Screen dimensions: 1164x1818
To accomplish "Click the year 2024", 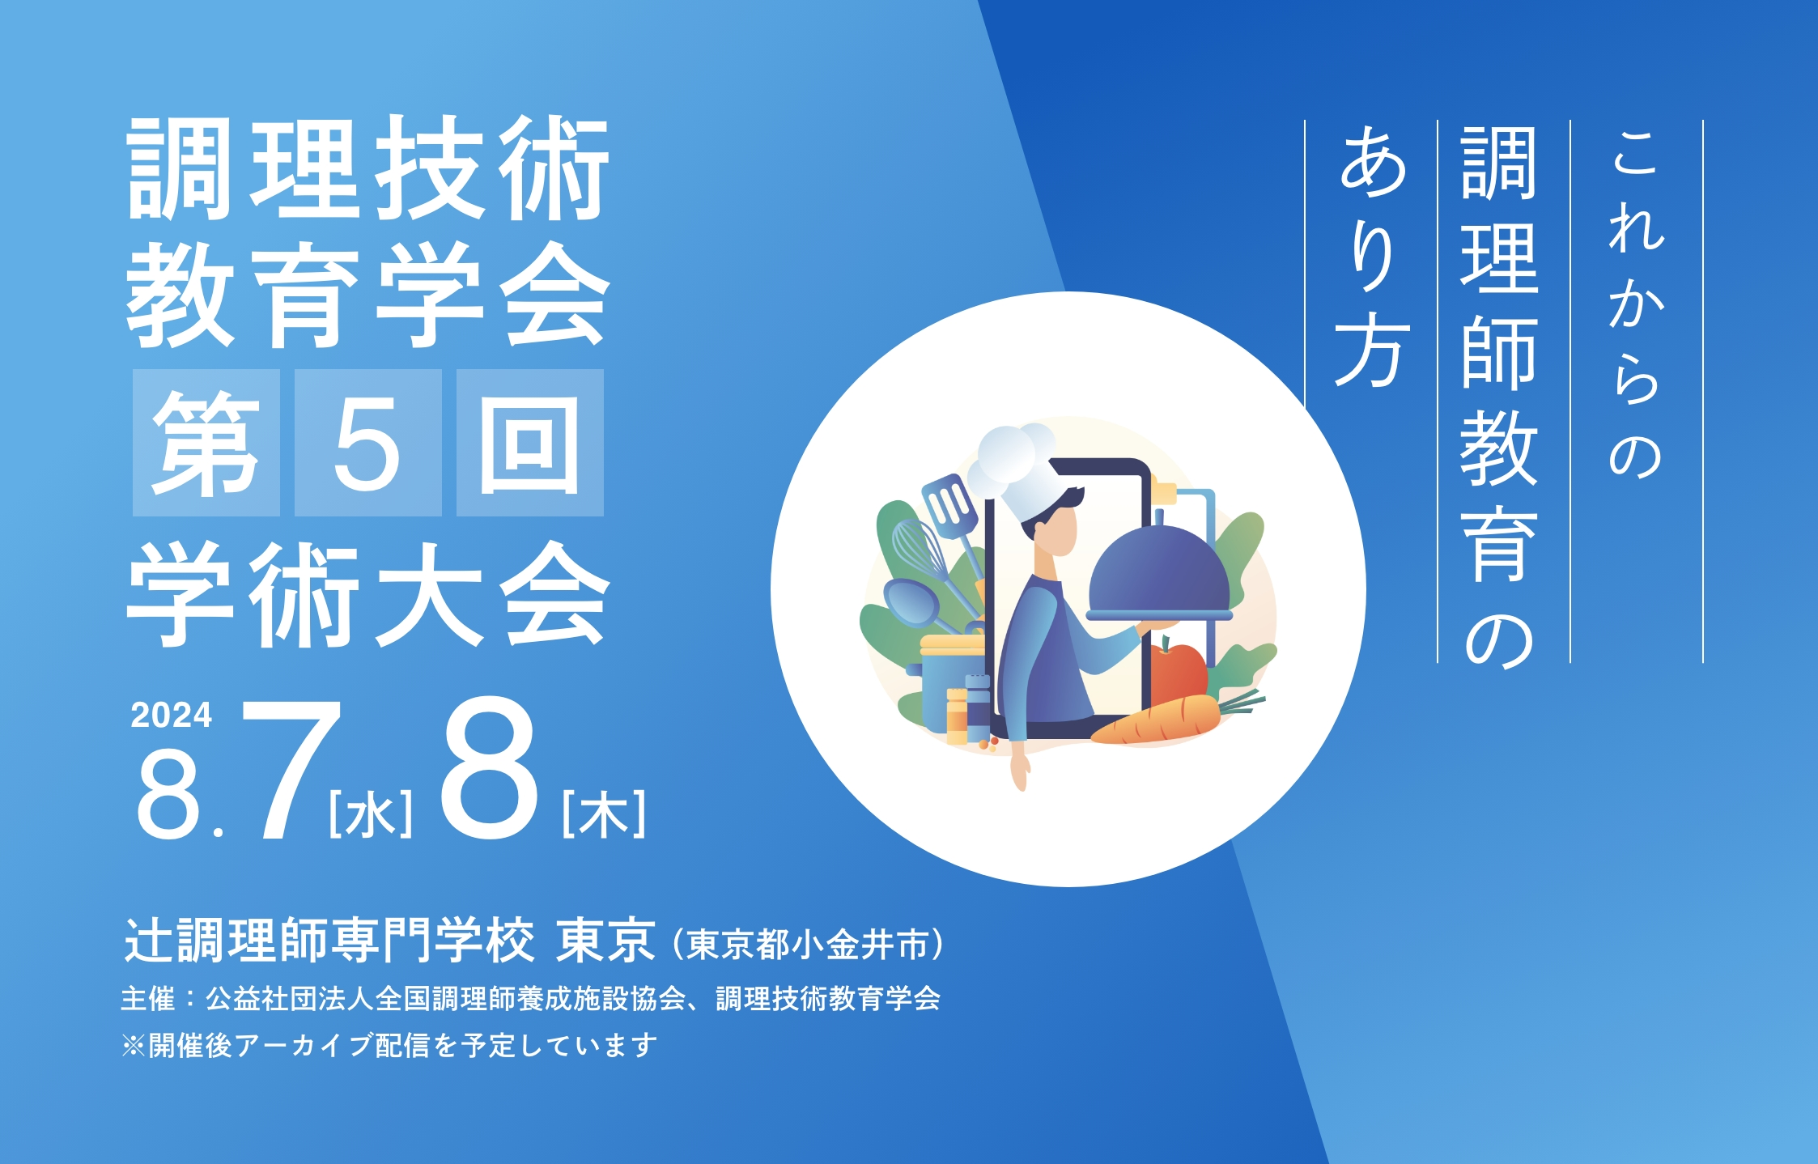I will pos(171,716).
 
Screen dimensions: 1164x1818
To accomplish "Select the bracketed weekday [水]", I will pos(371,814).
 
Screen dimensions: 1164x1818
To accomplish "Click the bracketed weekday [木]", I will pos(604,814).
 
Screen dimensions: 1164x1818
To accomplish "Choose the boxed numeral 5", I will pos(367,444).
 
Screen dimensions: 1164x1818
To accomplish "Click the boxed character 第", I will pos(206,444).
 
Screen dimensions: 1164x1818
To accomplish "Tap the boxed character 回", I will pos(529,444).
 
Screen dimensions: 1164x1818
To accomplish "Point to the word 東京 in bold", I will pos(605,941).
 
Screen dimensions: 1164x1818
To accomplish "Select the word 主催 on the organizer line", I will pos(147,999).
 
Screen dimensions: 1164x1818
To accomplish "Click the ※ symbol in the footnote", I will pos(133,1046).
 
